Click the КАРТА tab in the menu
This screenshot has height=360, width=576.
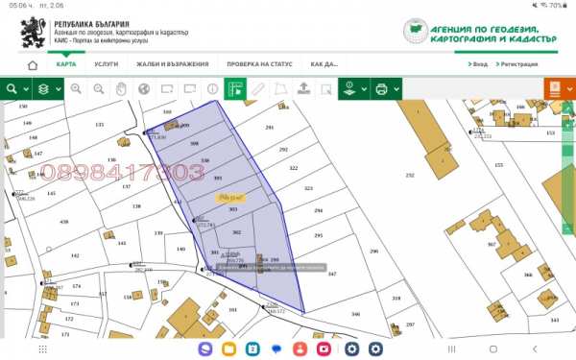pos(66,64)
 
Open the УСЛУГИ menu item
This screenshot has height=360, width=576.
pos(107,64)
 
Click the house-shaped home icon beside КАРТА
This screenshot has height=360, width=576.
pos(33,65)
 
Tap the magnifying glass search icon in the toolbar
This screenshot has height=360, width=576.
pos(12,89)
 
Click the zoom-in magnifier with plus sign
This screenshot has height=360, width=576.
pos(76,89)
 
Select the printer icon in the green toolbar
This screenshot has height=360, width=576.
pos(381,89)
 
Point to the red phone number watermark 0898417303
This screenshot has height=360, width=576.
pos(121,173)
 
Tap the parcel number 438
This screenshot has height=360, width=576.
pos(64,222)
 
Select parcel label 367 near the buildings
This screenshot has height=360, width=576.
pos(491,244)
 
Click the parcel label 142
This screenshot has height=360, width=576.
pos(122,243)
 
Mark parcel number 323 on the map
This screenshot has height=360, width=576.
pos(308,189)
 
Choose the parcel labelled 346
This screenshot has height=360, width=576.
pos(355,314)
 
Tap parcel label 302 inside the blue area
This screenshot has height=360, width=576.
pos(236,232)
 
